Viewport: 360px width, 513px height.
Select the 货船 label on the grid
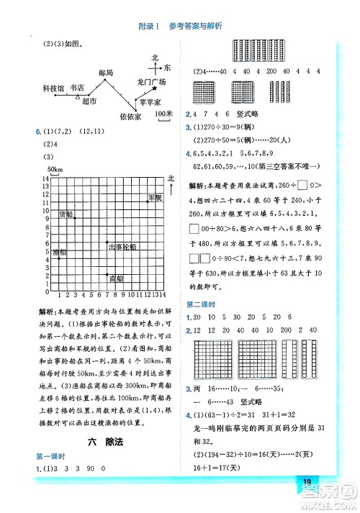click(x=66, y=214)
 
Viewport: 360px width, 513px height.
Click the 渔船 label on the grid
click(x=40, y=251)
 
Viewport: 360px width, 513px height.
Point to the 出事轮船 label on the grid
click(x=122, y=247)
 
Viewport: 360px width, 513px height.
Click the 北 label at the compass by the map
click(x=155, y=57)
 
